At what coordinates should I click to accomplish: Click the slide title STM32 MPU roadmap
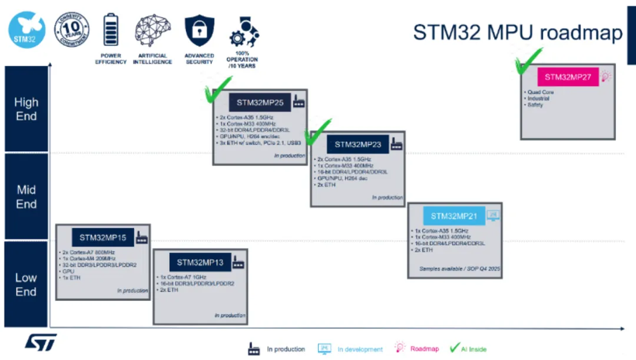coord(518,33)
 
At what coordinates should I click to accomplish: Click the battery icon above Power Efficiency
coord(111,29)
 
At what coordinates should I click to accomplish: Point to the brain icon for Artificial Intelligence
coord(153,29)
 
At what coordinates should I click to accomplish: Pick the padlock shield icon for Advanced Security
coord(199,29)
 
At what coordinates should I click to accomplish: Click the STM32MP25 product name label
coord(258,102)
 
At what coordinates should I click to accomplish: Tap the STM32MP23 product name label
coord(357,144)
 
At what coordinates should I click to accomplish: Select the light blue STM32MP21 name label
coord(455,216)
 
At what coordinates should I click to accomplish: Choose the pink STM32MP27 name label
coord(568,77)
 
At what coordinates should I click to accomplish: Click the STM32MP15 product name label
coord(103,237)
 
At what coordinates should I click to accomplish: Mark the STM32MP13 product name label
coord(200,262)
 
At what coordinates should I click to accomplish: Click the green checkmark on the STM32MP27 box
coord(528,61)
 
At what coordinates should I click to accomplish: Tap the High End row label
coord(26,109)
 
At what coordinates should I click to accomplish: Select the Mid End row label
coord(26,197)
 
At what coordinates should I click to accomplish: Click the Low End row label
coord(26,284)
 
